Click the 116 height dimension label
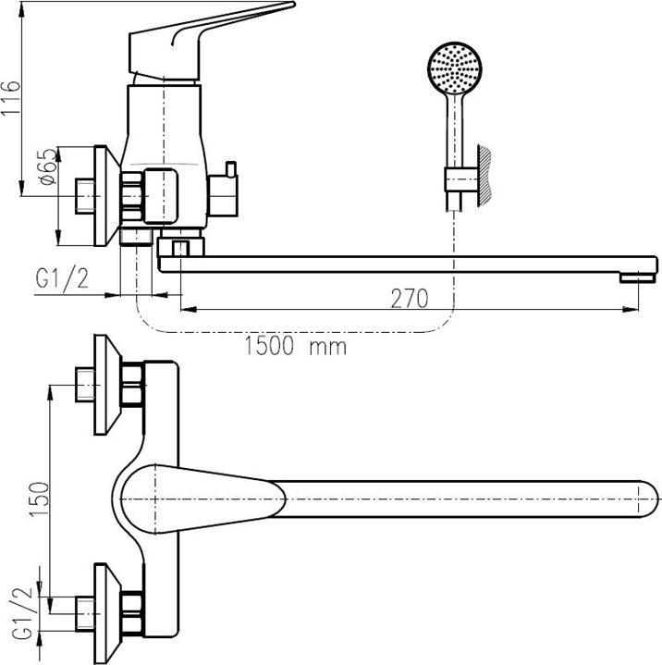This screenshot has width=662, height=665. point(10,97)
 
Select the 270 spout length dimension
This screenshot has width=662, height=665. point(410,299)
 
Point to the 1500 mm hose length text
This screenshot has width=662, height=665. point(295,346)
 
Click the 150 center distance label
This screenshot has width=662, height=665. point(39,499)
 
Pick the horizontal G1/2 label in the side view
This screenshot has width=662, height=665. point(62,278)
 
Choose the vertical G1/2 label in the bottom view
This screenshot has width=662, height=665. point(21,613)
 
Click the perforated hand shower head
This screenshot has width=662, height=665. point(455,68)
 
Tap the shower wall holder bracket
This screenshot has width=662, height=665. point(461,179)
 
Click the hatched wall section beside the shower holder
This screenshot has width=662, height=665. point(484,176)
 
